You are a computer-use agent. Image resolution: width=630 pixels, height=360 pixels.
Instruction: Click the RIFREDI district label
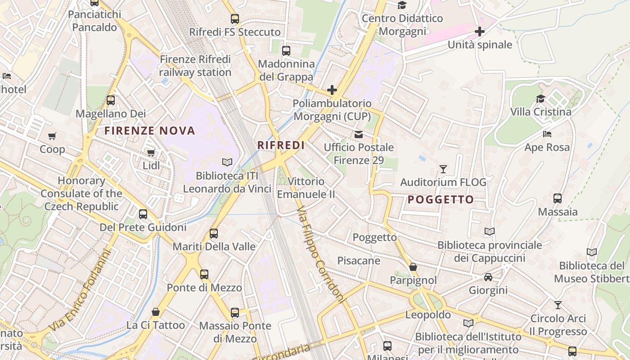[281, 145]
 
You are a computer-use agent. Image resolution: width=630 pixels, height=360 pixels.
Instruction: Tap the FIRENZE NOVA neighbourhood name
[150, 131]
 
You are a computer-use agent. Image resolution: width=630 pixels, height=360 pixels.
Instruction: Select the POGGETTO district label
[441, 200]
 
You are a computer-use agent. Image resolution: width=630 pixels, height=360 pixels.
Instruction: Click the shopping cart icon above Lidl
[151, 153]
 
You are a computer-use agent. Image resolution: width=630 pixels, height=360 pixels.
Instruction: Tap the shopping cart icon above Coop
[52, 136]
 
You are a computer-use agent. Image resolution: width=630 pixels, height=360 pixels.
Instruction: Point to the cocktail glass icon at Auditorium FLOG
[443, 169]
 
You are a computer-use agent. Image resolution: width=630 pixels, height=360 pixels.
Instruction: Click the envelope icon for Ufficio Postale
[359, 134]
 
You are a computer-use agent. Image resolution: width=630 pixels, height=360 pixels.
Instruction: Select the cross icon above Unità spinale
[480, 31]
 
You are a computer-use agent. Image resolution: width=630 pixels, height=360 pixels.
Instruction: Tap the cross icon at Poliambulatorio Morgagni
[332, 90]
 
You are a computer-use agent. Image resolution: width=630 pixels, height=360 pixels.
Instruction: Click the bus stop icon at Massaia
[558, 198]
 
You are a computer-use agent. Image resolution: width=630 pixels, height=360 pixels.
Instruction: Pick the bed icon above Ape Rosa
[547, 134]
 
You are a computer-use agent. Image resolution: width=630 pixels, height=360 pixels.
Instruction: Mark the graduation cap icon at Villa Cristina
[540, 99]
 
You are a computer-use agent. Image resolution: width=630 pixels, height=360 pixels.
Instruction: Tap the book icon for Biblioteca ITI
[227, 162]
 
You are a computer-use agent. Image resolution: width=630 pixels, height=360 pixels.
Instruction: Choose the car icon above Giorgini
[488, 277]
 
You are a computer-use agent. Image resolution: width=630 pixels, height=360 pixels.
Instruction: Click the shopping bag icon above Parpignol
[413, 267]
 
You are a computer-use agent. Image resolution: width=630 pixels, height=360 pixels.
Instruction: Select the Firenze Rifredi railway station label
[195, 66]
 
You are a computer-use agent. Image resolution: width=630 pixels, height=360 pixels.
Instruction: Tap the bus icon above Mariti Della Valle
[214, 234]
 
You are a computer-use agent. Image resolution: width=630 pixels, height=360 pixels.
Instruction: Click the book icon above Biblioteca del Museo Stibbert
[592, 252]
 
